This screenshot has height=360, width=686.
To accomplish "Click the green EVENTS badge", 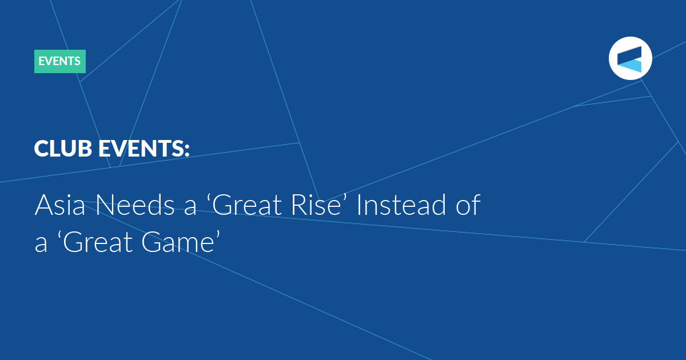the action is tap(60, 61).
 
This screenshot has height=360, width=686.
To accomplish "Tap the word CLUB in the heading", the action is tap(63, 149).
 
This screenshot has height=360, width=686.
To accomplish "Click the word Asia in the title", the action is tap(60, 205).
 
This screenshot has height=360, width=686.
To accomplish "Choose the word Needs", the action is tap(135, 205).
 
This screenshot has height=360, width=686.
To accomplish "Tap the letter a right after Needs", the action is tap(190, 208).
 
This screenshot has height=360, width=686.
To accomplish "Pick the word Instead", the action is tap(402, 205).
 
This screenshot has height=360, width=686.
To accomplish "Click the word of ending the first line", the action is tap(469, 205).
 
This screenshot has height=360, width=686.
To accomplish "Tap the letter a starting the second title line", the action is tap(41, 245).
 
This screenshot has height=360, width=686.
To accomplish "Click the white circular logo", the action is tap(630, 58).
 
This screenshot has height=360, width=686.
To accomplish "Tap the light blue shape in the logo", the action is tap(632, 66).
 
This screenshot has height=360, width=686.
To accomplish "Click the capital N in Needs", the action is tap(105, 205).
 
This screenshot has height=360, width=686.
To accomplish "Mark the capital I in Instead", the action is tap(359, 205).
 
